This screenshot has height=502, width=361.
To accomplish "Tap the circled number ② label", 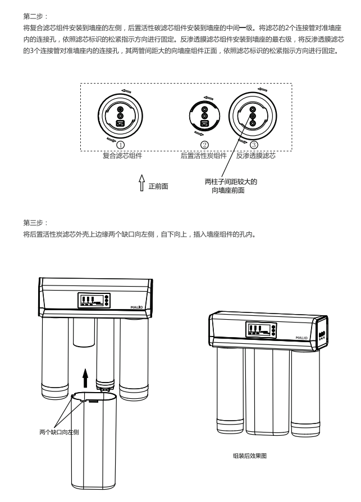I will [205, 145].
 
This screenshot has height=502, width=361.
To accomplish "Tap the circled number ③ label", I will [254, 145].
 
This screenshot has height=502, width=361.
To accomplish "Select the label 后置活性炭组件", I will [203, 155].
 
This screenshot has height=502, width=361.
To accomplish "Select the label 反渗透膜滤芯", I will [255, 155].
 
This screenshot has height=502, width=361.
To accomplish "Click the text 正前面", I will [158, 186].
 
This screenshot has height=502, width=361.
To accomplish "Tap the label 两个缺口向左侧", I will [59, 432].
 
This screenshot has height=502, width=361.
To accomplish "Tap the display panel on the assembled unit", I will [259, 330].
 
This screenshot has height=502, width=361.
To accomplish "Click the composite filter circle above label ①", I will [120, 114].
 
